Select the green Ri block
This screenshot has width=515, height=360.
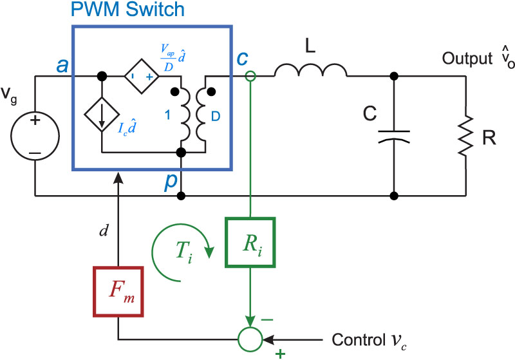[250, 242]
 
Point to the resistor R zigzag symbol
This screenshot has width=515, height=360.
[464, 137]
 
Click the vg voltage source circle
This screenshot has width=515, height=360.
[35, 137]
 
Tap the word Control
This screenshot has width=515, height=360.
[354, 338]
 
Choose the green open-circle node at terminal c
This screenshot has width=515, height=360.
[250, 76]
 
